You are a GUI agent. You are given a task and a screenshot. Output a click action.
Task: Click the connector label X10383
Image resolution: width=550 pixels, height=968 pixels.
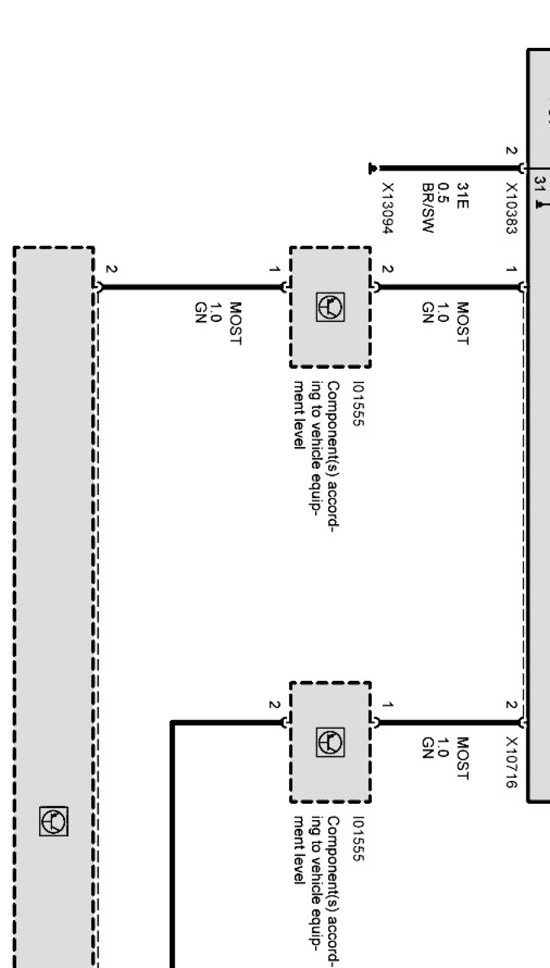point(511,208)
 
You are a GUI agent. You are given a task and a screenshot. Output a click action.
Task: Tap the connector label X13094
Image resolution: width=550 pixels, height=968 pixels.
point(388,208)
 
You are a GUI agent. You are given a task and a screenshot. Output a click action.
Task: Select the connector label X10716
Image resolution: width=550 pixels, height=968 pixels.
point(511,762)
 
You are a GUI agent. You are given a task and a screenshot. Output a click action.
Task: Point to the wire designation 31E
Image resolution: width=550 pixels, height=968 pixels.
point(462,196)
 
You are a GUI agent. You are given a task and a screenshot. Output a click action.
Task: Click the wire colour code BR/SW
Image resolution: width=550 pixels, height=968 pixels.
point(428,208)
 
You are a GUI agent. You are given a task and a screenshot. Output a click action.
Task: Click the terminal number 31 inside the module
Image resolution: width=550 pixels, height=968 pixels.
point(539,185)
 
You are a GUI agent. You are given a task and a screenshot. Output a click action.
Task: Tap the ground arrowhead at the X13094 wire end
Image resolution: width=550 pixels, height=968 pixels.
point(372,168)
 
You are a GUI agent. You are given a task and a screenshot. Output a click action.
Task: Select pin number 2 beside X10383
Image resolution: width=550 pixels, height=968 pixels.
point(511,150)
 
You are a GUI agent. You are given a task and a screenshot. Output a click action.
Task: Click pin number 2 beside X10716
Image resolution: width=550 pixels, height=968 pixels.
point(511,705)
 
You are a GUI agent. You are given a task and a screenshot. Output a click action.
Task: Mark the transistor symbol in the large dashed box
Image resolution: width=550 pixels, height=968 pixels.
point(53,821)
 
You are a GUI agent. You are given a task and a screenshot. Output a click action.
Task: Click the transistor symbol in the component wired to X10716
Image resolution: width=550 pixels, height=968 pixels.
point(331,742)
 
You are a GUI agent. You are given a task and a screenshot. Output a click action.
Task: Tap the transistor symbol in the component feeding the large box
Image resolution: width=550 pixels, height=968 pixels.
point(331,307)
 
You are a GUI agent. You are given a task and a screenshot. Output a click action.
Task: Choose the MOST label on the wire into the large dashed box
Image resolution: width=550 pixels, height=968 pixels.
point(234,323)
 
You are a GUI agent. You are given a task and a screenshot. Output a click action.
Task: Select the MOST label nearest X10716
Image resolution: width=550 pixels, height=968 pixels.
point(462,758)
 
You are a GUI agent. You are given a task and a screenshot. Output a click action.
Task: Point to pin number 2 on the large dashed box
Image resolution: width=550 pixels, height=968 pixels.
point(111,269)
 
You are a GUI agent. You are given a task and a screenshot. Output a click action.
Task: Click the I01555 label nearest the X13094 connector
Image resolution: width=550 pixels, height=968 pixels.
point(359,403)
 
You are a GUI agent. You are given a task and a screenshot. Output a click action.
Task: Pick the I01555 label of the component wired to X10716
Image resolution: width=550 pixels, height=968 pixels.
point(359,838)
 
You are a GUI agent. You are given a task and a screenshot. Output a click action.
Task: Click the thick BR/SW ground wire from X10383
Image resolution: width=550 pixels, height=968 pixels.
point(449,168)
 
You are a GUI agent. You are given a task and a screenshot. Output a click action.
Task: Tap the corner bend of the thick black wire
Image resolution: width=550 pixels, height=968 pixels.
point(173,722)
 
